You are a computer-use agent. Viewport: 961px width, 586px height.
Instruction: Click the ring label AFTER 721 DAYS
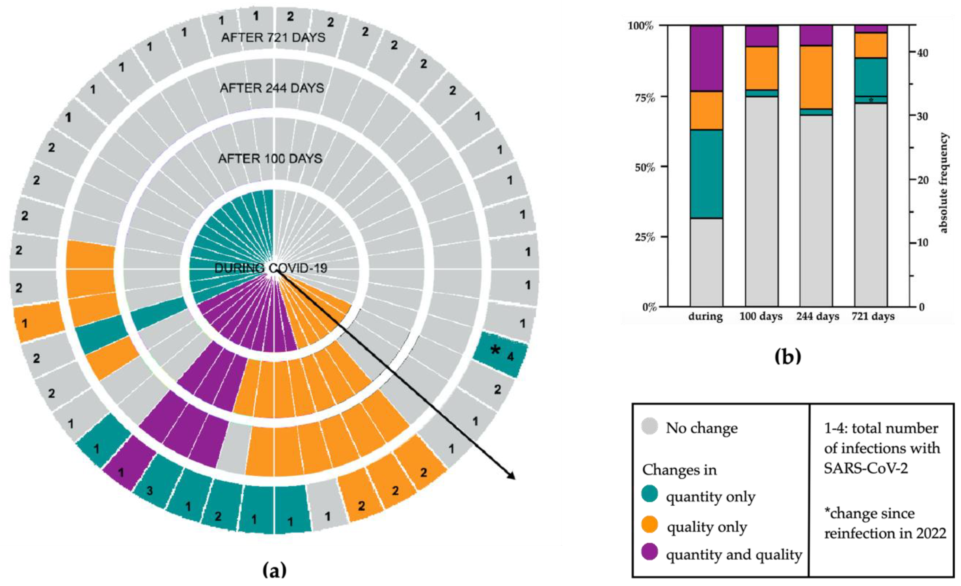[273, 38]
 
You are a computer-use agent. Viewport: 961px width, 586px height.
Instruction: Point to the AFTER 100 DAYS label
[270, 159]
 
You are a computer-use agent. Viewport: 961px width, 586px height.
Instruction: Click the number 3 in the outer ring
[150, 490]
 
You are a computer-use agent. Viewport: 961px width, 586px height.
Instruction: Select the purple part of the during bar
[706, 58]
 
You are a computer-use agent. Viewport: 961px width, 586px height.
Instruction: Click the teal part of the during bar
[706, 174]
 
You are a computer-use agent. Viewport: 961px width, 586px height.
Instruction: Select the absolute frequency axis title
[943, 183]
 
